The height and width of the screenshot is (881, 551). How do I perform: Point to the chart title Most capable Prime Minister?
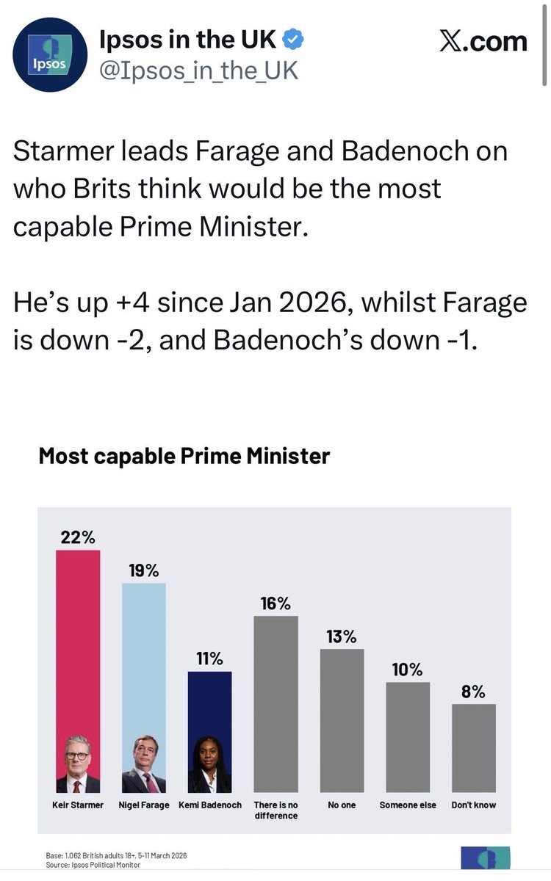[184, 456]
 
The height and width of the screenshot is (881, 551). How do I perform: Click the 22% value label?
[77, 537]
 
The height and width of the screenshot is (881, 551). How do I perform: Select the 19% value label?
[143, 570]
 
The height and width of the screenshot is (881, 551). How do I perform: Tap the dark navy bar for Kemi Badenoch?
[209, 705]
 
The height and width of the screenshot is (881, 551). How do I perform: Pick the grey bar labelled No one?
[342, 719]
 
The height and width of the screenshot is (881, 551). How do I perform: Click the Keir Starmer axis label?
[77, 805]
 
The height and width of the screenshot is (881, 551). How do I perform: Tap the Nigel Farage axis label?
[143, 805]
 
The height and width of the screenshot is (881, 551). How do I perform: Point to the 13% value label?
[342, 637]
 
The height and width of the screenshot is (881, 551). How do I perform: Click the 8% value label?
[474, 692]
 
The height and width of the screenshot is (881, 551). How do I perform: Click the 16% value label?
[275, 603]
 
